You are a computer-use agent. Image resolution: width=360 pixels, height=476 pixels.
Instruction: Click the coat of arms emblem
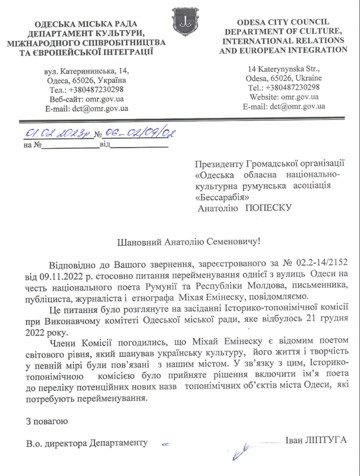(x=185, y=22)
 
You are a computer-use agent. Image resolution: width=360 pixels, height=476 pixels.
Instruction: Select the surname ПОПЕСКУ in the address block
(x=268, y=208)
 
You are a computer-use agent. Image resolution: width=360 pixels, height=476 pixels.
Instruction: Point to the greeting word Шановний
(x=138, y=242)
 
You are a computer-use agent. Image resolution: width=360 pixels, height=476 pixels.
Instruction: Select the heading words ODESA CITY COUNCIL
(x=283, y=22)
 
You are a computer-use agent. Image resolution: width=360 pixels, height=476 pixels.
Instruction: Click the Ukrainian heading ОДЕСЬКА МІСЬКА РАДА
(x=86, y=25)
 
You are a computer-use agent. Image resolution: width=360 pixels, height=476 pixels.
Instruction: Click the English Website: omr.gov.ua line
(x=284, y=97)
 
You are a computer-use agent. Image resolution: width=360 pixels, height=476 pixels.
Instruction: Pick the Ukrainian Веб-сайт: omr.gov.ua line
(x=87, y=99)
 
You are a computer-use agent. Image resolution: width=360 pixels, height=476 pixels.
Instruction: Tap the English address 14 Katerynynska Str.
(x=284, y=69)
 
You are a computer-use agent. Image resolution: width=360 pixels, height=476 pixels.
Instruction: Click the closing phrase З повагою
(x=46, y=421)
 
